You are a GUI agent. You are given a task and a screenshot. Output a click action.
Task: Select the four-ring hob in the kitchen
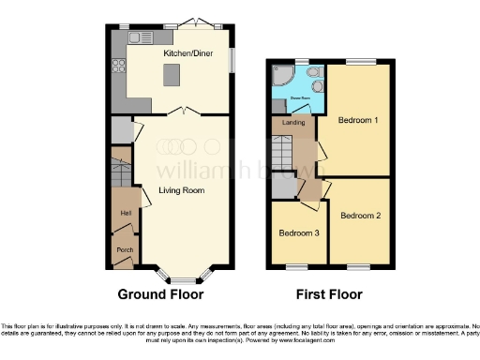[118, 66]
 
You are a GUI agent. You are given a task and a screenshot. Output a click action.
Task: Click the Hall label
[124, 214]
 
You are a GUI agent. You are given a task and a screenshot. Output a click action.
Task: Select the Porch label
[124, 250]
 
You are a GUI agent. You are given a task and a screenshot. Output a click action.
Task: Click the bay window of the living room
[181, 277]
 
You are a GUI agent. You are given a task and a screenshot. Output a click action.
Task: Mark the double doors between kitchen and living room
[187, 112]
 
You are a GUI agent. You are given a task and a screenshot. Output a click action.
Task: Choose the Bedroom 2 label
[360, 217]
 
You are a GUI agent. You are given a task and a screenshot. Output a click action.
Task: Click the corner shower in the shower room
[281, 76]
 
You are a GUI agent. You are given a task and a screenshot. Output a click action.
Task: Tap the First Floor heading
[328, 293]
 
